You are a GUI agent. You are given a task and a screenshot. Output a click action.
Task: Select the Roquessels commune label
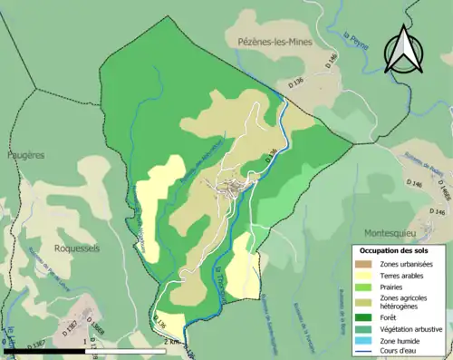pos(76,248)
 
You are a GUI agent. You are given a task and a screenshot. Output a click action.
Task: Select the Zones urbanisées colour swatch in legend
pos(366,264)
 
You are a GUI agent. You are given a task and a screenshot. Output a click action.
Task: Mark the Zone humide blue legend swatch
pos(366,339)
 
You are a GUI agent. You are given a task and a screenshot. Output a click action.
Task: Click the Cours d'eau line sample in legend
pos(366,349)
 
